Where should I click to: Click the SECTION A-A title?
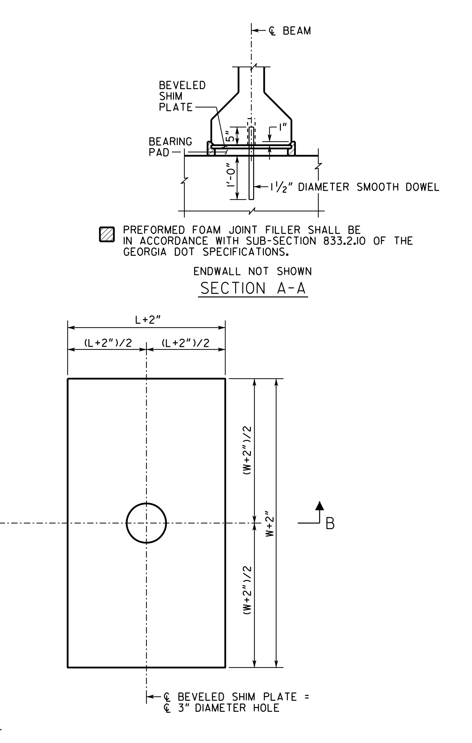(253, 288)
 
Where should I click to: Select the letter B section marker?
(330, 524)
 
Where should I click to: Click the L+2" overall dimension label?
(148, 320)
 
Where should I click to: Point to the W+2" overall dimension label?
(270, 523)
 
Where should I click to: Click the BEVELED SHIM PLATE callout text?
(182, 96)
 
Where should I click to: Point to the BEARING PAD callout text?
(170, 147)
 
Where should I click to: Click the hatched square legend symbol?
(107, 234)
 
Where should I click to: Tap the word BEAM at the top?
(297, 31)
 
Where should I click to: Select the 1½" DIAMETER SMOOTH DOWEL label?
(355, 187)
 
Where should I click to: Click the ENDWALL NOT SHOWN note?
(253, 271)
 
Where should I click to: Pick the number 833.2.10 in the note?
(344, 241)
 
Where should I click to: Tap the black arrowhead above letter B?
(320, 506)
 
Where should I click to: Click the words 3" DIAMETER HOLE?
(228, 708)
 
